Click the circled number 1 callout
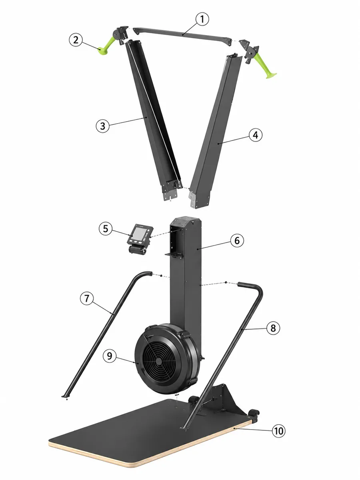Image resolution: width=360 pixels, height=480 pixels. [x=202, y=19]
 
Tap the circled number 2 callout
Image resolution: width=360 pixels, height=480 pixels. [x=76, y=40]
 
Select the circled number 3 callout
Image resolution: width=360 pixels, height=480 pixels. [x=102, y=126]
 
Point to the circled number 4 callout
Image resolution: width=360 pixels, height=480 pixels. [x=256, y=135]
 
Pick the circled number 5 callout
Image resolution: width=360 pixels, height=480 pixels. [x=106, y=229]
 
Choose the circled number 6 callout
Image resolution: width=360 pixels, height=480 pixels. [x=237, y=240]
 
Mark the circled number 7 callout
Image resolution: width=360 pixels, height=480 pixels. [x=87, y=298]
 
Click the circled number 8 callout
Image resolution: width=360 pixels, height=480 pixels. [x=273, y=328]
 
